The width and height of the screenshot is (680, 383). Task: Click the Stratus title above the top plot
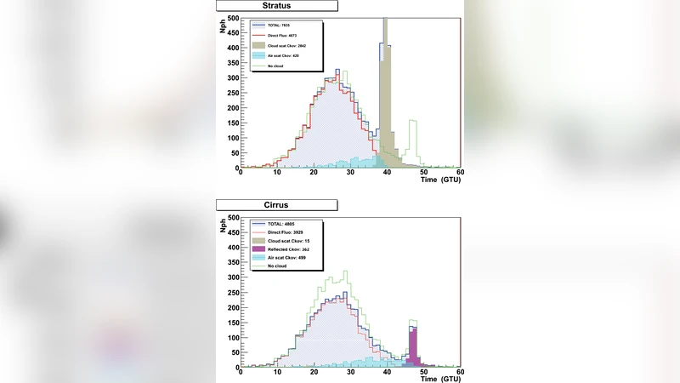pos(276,5)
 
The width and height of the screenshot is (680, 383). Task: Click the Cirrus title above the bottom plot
pos(276,205)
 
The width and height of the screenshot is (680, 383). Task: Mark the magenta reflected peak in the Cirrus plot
pos(413,349)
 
